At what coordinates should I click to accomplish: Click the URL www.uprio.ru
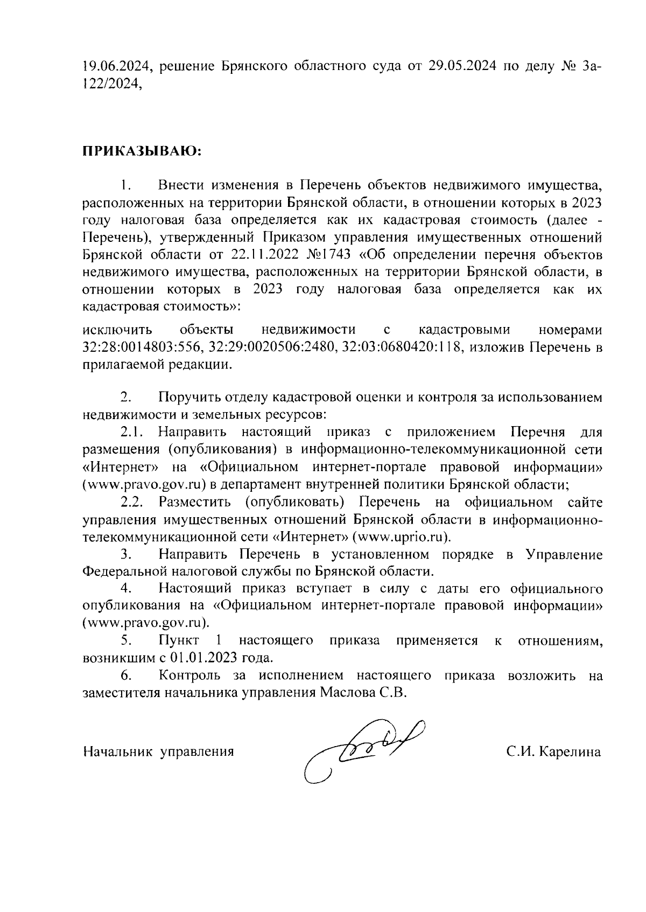[x=401, y=537]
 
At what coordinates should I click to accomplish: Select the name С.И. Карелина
[x=553, y=751]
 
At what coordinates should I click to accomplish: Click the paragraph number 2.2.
[x=131, y=503]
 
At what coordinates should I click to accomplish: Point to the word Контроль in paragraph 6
[x=189, y=676]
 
